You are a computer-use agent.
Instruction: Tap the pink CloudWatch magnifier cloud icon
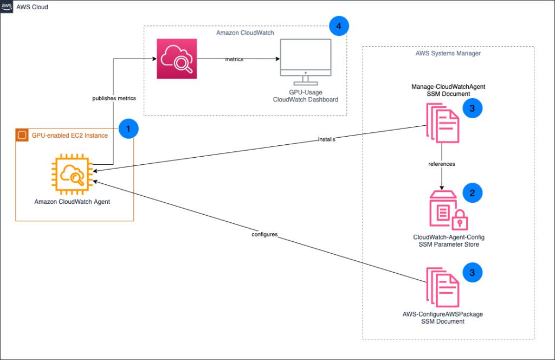click(x=177, y=59)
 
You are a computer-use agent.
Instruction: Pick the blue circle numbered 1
click(x=128, y=130)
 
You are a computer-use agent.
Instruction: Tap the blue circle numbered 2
click(x=472, y=192)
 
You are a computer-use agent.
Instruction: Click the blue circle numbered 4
click(x=339, y=25)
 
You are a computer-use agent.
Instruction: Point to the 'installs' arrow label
click(x=327, y=139)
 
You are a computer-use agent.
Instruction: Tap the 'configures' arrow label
click(x=265, y=234)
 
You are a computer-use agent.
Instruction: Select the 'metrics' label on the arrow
click(x=234, y=59)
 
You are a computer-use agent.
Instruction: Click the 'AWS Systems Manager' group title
click(x=448, y=53)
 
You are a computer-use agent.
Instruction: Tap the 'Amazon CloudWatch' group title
click(x=245, y=34)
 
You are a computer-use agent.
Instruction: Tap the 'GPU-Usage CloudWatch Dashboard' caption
click(x=306, y=96)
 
